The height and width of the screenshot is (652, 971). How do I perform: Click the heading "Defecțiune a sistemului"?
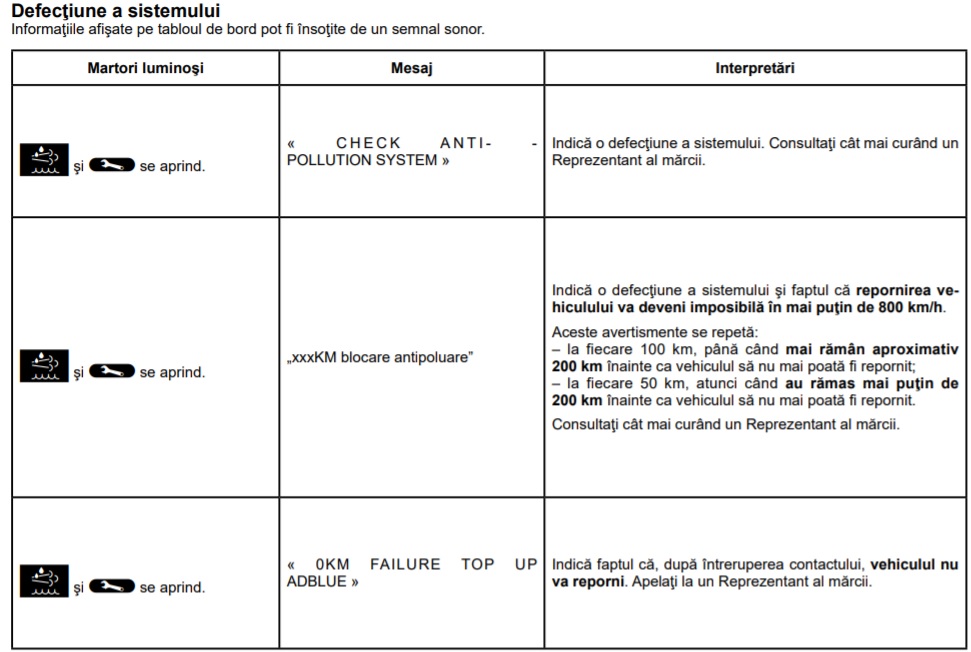tap(116, 11)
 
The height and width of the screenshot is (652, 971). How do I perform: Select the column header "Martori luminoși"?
tap(145, 68)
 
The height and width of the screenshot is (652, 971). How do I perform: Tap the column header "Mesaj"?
tap(411, 68)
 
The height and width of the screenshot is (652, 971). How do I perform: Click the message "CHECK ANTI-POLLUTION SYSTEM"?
tap(411, 151)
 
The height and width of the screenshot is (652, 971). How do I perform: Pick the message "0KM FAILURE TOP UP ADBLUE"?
tap(411, 572)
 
